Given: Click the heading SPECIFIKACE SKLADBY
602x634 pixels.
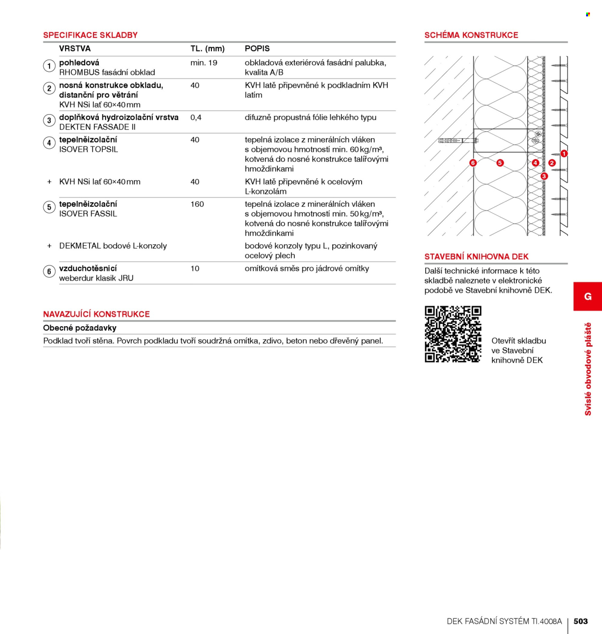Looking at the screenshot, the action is (90, 35).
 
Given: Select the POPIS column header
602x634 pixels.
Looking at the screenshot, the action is (257, 49).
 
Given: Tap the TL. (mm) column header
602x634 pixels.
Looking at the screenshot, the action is (208, 49).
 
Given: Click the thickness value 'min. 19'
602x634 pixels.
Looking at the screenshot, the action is (204, 63).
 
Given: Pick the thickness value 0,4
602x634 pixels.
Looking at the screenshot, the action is (196, 118).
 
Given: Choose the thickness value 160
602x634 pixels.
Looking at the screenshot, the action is (197, 204).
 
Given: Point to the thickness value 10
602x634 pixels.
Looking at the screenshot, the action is (195, 269).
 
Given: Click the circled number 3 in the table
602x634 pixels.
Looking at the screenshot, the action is (49, 120).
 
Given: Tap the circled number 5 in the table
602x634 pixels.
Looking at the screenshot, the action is (49, 207).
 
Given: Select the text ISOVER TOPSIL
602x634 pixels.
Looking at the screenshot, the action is (88, 150).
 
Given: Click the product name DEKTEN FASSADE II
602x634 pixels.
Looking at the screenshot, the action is (97, 127).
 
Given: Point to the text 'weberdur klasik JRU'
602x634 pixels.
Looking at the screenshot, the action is (96, 278).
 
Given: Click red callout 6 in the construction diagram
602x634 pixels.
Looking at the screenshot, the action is (473, 163).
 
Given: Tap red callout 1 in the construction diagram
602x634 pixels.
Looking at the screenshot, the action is (563, 154).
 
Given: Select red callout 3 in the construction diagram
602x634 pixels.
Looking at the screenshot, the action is (544, 176).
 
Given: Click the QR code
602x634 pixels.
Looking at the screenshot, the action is (453, 334).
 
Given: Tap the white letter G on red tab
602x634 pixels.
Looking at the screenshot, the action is (588, 296).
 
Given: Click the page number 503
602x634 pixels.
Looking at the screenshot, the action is (580, 621).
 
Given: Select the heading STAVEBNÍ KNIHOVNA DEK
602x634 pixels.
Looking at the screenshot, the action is (476, 257).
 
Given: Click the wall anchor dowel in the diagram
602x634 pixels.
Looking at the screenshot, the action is (458, 141).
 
